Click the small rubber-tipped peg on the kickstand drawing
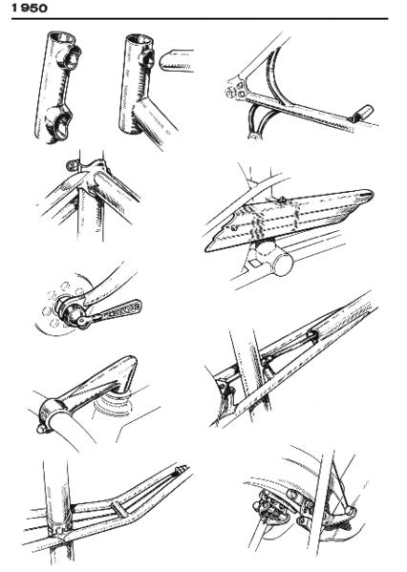(359, 114)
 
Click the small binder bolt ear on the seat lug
(72, 168)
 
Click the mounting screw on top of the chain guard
(285, 198)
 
